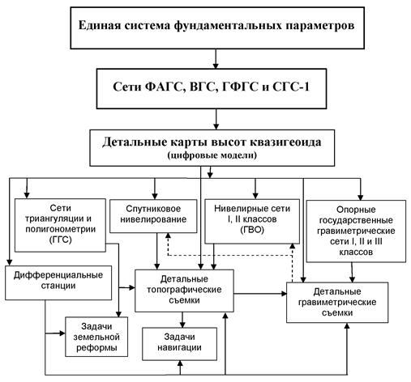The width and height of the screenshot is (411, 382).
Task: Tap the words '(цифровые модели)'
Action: (x=212, y=155)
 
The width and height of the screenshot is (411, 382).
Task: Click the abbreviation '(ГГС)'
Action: (x=61, y=240)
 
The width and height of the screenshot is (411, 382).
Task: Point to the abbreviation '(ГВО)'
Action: (x=252, y=230)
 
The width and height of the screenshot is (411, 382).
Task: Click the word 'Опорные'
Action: (x=356, y=210)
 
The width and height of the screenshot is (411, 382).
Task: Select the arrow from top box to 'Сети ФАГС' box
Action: (x=216, y=59)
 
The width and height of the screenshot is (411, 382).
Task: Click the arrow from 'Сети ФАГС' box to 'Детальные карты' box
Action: (x=216, y=119)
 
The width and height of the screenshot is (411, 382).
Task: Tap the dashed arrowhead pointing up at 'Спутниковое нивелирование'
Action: (x=168, y=236)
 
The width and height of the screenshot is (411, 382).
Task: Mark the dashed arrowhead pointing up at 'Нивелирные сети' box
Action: (x=292, y=246)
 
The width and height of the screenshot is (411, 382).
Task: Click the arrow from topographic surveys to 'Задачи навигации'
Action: (x=182, y=320)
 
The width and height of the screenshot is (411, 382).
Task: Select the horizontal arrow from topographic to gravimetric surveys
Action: (x=260, y=294)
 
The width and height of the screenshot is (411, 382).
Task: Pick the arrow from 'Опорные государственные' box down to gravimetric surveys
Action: (x=352, y=273)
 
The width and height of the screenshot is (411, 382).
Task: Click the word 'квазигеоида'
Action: (x=285, y=142)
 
